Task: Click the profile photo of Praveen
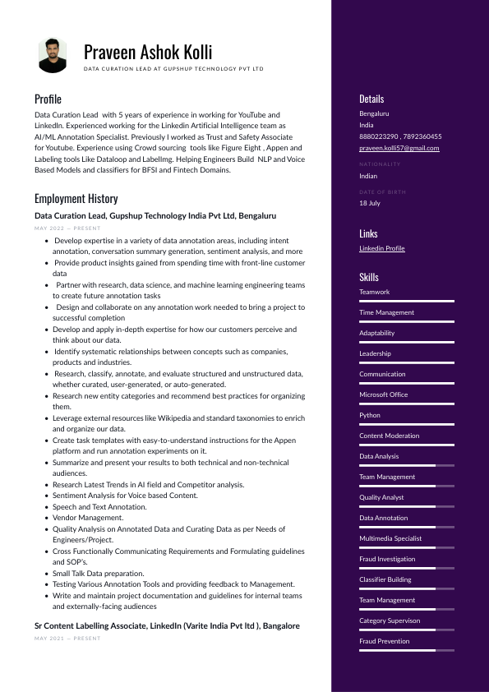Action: click(53, 56)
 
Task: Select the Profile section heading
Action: click(48, 99)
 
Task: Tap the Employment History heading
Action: click(76, 199)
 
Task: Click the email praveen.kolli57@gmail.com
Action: click(399, 148)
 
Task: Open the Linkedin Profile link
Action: click(381, 248)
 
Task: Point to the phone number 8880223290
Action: click(378, 136)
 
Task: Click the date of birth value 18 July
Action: click(369, 203)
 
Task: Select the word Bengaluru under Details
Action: click(374, 113)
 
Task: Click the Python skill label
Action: click(369, 415)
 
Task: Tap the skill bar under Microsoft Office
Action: click(406, 404)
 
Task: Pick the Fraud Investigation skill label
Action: click(386, 559)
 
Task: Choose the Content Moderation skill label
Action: click(389, 436)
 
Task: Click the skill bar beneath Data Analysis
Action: click(406, 466)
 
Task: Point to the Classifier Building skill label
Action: click(386, 579)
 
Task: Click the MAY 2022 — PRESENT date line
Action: click(67, 228)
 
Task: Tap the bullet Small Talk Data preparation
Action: click(98, 573)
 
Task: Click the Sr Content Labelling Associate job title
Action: click(167, 626)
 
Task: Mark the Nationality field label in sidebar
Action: click(380, 164)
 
